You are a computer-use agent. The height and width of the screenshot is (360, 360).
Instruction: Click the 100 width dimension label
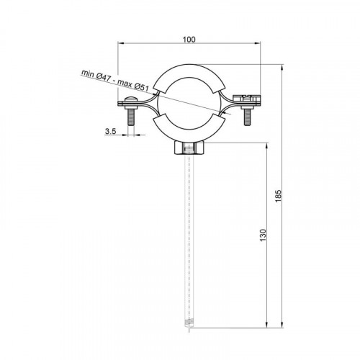189,40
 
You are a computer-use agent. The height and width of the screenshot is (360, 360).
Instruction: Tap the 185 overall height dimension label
278,196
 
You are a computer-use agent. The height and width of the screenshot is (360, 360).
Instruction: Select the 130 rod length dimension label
264,235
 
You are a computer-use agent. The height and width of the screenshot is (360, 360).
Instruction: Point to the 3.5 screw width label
110,131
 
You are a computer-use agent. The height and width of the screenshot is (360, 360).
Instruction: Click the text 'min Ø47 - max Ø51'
115,80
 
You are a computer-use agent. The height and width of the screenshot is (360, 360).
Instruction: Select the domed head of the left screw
130,99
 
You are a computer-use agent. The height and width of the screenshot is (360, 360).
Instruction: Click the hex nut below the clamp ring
189,148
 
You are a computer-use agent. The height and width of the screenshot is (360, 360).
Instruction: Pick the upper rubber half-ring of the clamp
189,71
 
